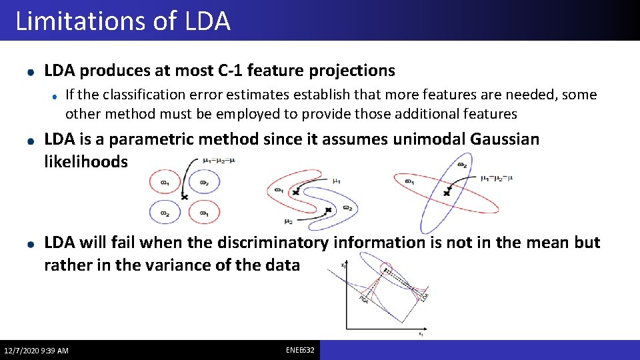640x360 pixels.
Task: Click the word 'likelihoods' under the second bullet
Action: pyautogui.click(x=85, y=162)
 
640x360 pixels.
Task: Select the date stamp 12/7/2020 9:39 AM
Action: pyautogui.click(x=36, y=351)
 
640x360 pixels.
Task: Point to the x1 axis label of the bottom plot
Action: pyautogui.click(x=421, y=335)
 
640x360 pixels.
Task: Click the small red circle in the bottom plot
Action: pyautogui.click(x=387, y=271)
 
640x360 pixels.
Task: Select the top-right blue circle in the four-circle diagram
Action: pyautogui.click(x=203, y=182)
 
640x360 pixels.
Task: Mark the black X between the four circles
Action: pyautogui.click(x=185, y=197)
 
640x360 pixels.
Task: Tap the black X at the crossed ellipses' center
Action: pyautogui.click(x=447, y=192)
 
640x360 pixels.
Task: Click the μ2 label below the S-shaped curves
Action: pyautogui.click(x=288, y=221)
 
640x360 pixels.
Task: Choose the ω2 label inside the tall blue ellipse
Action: pyautogui.click(x=461, y=164)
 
